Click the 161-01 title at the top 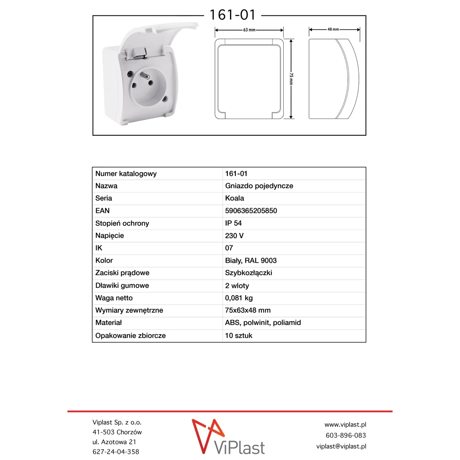(x=232, y=15)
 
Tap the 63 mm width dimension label (x=249, y=30)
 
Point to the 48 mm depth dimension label (x=333, y=29)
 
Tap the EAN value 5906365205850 (x=251, y=211)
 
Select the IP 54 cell (x=233, y=223)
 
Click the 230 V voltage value (x=234, y=236)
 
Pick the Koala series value (x=234, y=198)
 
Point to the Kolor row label (x=104, y=261)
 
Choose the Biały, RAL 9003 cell (x=251, y=261)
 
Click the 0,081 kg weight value (x=238, y=298)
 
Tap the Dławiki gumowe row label (x=122, y=286)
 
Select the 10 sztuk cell (x=238, y=335)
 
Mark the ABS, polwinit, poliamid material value (x=263, y=323)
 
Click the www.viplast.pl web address (x=345, y=425)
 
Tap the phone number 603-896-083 (x=345, y=435)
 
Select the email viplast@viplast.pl (x=341, y=446)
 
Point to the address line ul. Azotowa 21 (x=114, y=442)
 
